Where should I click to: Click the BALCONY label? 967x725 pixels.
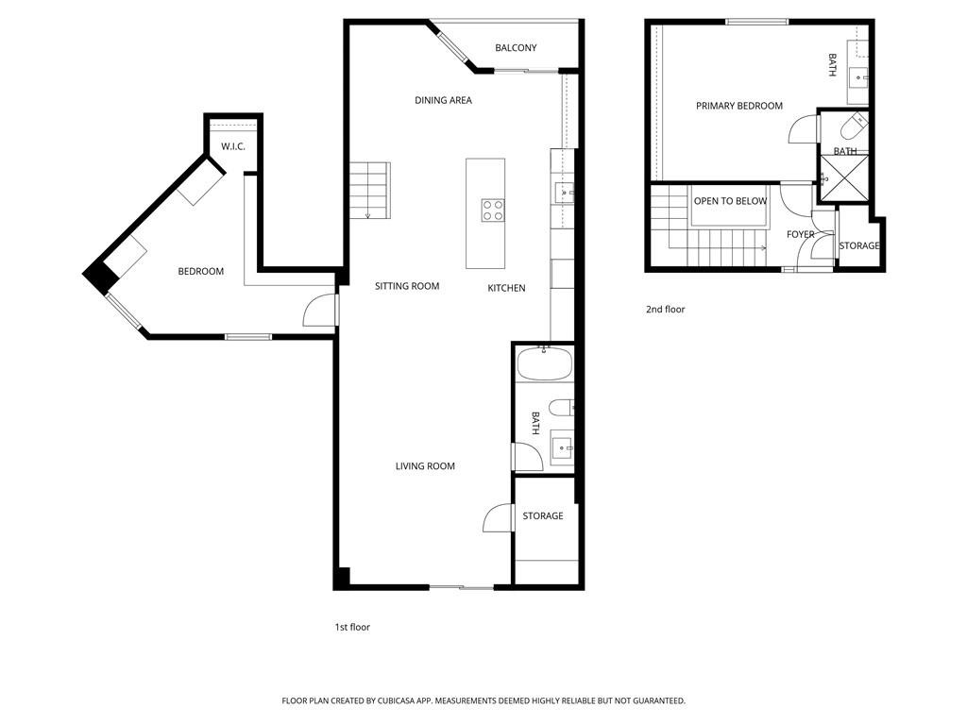(x=516, y=47)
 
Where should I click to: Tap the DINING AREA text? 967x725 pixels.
(x=443, y=100)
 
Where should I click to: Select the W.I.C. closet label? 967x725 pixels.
(x=233, y=146)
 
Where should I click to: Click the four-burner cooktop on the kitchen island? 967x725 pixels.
(x=493, y=210)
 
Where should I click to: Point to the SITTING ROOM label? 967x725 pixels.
(x=407, y=286)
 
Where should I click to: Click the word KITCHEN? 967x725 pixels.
(x=506, y=288)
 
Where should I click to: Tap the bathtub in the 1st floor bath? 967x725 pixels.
(x=545, y=363)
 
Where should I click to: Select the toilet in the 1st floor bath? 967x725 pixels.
(x=561, y=408)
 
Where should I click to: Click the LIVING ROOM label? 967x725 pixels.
(x=425, y=466)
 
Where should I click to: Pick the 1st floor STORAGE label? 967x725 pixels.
(x=543, y=515)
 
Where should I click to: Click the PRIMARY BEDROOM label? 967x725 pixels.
(x=738, y=106)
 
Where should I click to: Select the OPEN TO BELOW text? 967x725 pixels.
(x=730, y=201)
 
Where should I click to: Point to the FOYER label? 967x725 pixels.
(x=801, y=234)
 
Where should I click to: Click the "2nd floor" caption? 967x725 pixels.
(x=665, y=310)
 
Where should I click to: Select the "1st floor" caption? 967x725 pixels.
(x=352, y=627)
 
